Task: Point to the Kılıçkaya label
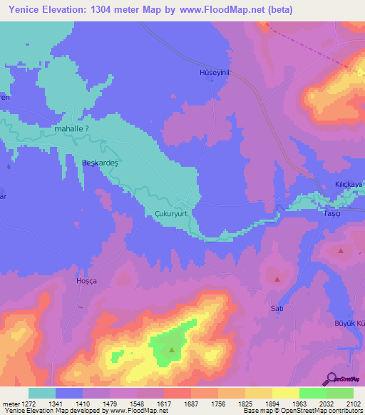point(349,184)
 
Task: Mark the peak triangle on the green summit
point(172,349)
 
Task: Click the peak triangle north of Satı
point(277,280)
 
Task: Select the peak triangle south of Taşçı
point(341,250)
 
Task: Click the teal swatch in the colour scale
point(41,393)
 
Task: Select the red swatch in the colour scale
point(177,393)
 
